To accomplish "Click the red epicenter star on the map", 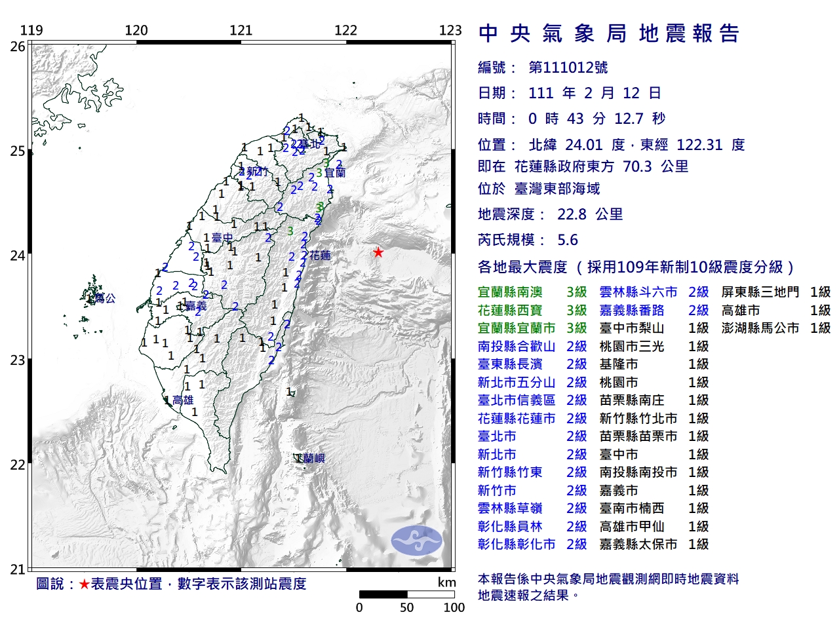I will (378, 252).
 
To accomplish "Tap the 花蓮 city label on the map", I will (321, 256).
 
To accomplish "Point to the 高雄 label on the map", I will (183, 400).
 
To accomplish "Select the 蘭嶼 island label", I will (313, 459).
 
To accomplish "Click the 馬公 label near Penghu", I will (104, 298).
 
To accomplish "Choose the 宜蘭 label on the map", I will (335, 173).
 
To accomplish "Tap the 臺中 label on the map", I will (222, 238).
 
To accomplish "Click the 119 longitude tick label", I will (31, 30).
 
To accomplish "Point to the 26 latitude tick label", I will (18, 47).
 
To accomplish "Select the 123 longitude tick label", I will (450, 30).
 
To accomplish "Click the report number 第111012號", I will (568, 67).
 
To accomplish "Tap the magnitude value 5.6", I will (568, 240).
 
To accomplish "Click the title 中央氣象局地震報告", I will (609, 33).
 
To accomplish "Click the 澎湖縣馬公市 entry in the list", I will (760, 328).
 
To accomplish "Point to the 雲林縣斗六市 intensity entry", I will (638, 292).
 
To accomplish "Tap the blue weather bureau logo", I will (416, 541).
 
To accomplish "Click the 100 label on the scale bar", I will (454, 607).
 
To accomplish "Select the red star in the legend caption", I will (84, 584).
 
